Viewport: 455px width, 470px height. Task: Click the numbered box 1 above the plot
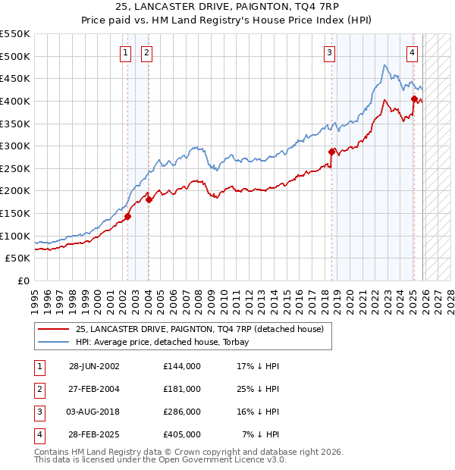click(x=125, y=52)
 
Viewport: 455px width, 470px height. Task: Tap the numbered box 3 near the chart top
click(x=330, y=52)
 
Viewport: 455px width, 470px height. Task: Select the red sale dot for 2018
click(x=331, y=152)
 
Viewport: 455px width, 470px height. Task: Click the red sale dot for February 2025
click(x=414, y=99)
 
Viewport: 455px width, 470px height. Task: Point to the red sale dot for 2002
click(x=127, y=216)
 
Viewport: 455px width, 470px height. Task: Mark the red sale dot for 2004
click(x=149, y=199)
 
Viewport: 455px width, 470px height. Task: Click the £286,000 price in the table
click(x=182, y=412)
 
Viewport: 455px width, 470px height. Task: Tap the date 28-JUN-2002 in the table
click(x=94, y=366)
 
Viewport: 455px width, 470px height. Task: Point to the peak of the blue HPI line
click(x=385, y=65)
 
